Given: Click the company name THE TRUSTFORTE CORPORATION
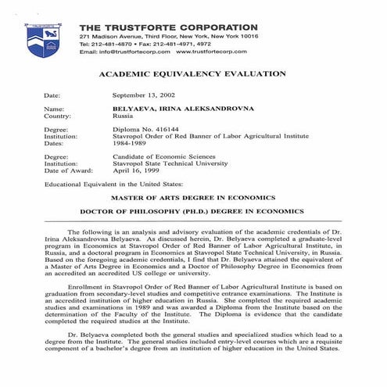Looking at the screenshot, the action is click(168, 27).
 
